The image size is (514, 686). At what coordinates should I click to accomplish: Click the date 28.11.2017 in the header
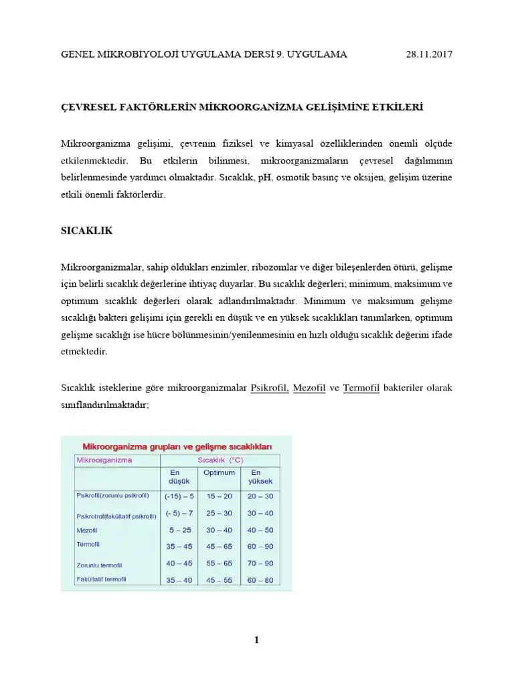429,54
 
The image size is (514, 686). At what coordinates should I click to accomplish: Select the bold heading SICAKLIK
86,230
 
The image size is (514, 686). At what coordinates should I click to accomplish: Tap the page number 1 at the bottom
256,640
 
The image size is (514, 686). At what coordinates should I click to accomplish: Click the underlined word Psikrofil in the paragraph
269,388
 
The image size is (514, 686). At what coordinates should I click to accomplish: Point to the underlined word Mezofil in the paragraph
309,388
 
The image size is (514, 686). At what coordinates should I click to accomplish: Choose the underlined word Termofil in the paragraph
361,388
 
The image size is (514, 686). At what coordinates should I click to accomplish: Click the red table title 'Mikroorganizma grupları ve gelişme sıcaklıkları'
177,445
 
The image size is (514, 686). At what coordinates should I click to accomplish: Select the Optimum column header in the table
220,472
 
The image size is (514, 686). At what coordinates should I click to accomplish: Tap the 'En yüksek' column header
260,477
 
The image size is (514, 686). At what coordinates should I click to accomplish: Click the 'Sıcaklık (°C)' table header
220,460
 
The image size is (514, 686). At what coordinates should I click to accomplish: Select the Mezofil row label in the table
88,530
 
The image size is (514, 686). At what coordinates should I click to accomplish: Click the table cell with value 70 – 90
260,563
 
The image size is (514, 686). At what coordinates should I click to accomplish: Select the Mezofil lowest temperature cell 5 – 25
179,530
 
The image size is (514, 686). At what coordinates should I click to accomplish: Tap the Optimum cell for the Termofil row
220,547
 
